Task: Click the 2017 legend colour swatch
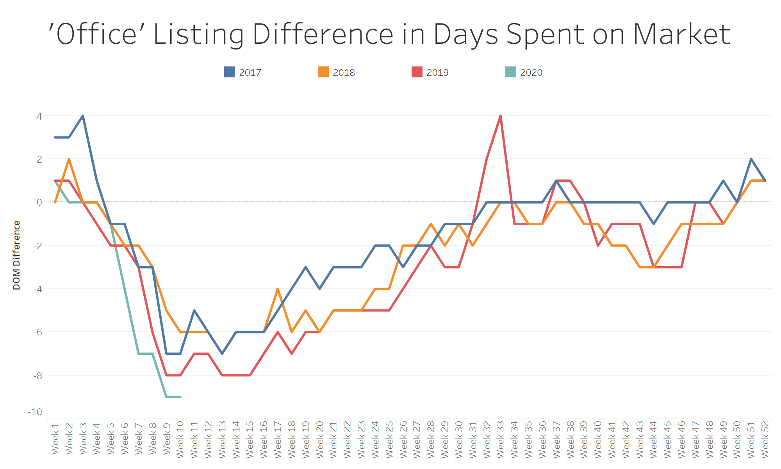230,72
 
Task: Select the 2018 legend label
344,73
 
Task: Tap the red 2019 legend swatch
417,72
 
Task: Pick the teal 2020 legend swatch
511,72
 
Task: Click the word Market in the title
681,34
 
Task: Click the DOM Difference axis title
16,255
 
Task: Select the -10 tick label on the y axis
35,412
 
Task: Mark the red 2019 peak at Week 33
500,116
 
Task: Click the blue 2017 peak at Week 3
83,116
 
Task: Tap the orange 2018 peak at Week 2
69,159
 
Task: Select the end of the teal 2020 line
180,397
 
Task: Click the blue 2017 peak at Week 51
751,159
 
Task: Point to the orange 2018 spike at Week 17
278,289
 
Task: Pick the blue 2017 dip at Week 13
222,354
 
